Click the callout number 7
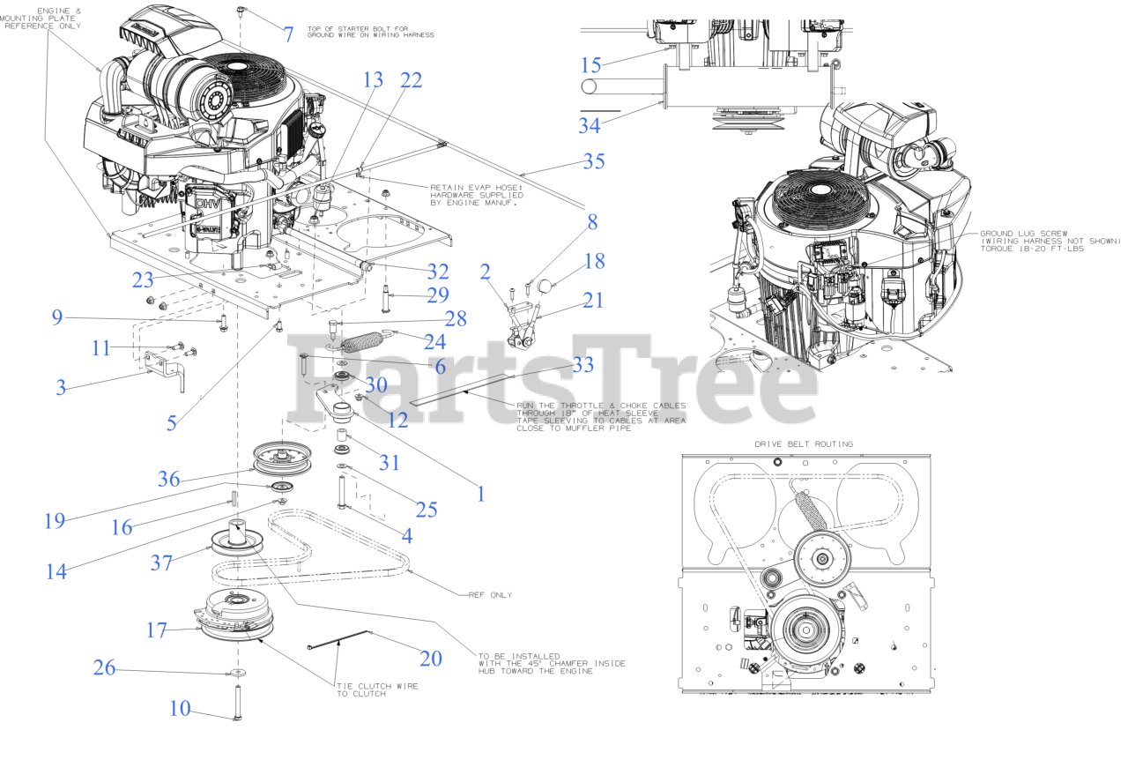click(287, 35)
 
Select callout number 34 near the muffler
click(590, 126)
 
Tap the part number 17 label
click(157, 630)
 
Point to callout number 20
click(431, 658)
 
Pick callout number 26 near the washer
click(105, 668)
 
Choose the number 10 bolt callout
click(180, 708)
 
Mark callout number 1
click(481, 494)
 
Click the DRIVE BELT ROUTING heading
click(804, 443)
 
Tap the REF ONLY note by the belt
click(490, 595)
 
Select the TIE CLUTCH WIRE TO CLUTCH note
click(377, 689)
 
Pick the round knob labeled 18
click(545, 286)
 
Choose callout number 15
click(591, 65)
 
